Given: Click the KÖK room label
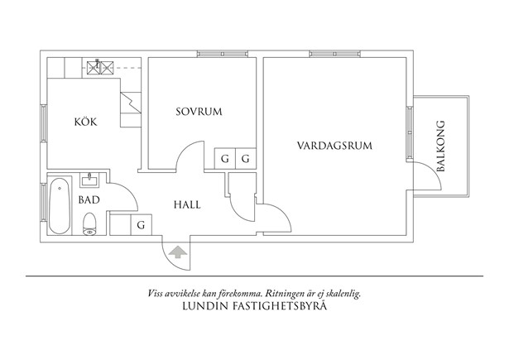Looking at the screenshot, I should [x=85, y=122].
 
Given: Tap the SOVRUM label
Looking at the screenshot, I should [x=199, y=112].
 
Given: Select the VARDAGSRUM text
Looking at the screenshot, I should [x=334, y=146].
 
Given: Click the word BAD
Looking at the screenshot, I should [x=89, y=199].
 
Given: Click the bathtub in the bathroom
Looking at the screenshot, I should [x=60, y=207].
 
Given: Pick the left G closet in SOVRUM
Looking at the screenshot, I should [x=224, y=158].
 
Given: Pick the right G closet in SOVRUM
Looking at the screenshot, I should [x=247, y=158].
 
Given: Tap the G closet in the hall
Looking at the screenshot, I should [x=142, y=224].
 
